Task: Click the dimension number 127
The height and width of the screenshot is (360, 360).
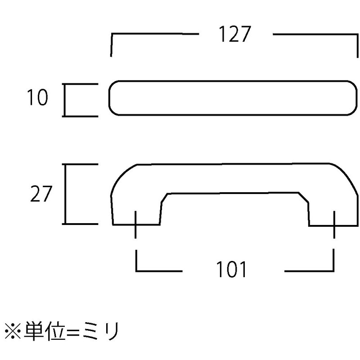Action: point(234,34)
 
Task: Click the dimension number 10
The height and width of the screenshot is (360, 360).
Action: point(38,97)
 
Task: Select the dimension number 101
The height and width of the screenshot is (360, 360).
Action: point(231,269)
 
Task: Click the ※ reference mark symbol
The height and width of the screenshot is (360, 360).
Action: point(13,331)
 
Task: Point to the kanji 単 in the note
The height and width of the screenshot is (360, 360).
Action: point(33,331)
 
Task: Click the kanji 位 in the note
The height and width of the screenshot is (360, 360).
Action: point(54,331)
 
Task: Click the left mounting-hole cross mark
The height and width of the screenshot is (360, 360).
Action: point(135,225)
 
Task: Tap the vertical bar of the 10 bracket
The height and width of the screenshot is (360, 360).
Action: point(65,100)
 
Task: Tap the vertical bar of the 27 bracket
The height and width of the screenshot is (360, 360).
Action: point(65,194)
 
